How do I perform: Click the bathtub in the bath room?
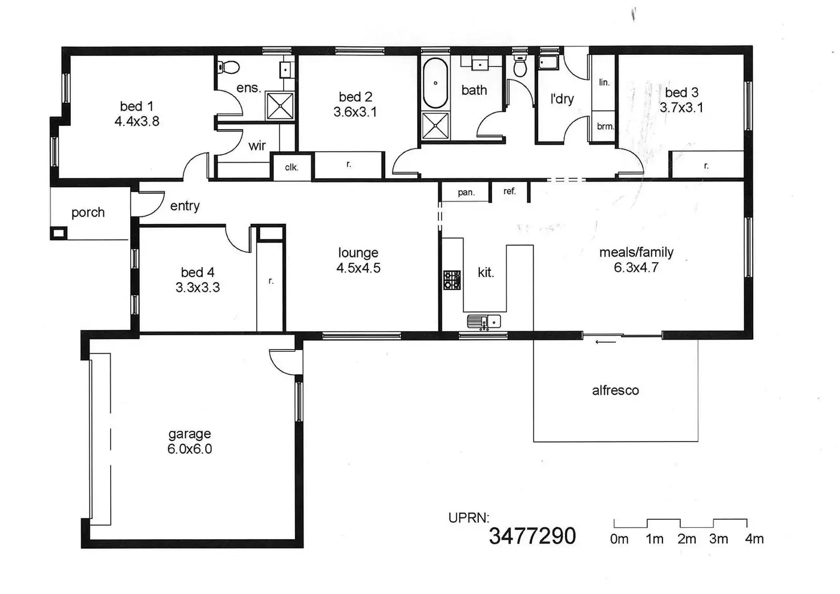(435, 83)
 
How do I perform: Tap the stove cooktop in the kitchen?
(453, 280)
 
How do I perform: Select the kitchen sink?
(484, 322)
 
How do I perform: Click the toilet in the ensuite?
(228, 67)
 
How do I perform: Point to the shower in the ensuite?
(280, 106)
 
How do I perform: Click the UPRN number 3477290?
(532, 536)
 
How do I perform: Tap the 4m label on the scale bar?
(754, 539)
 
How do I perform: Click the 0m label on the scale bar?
(619, 539)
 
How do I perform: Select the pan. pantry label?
(466, 193)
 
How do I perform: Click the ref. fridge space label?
(510, 191)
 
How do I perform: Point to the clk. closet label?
(292, 167)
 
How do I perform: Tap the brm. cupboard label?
(605, 126)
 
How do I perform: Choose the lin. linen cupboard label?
(604, 82)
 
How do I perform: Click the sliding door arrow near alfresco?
(605, 342)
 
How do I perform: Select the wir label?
(257, 146)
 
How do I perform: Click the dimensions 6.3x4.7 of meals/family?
(636, 267)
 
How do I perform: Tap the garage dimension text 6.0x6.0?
(189, 449)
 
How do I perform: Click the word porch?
(88, 213)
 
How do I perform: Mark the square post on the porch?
(59, 233)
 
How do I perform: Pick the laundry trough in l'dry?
(548, 62)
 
